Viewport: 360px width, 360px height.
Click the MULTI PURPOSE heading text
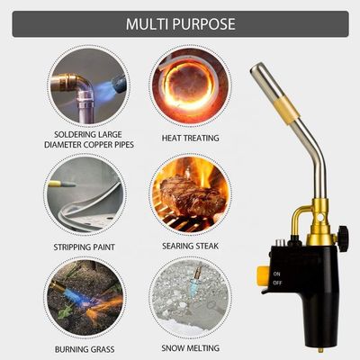pyautogui.click(x=180, y=24)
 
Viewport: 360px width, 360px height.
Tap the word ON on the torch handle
pyautogui.click(x=276, y=274)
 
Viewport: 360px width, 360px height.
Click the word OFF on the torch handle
pyautogui.click(x=277, y=283)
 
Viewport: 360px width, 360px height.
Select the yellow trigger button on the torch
pyautogui.click(x=262, y=275)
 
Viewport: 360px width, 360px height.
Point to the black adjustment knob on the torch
pyautogui.click(x=343, y=238)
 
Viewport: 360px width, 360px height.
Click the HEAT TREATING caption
pyautogui.click(x=191, y=138)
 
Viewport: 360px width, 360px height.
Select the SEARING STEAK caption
pyautogui.click(x=191, y=246)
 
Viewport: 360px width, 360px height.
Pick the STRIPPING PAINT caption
pyautogui.click(x=85, y=247)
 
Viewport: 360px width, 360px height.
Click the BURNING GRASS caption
pyautogui.click(x=85, y=349)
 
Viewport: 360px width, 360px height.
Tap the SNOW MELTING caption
pyautogui.click(x=191, y=348)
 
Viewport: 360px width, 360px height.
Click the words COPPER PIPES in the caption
pyautogui.click(x=108, y=145)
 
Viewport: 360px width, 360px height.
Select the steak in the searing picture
pyautogui.click(x=191, y=196)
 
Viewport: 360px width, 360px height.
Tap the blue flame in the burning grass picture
pyautogui.click(x=75, y=292)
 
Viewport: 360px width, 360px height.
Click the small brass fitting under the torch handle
pyautogui.click(x=321, y=350)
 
